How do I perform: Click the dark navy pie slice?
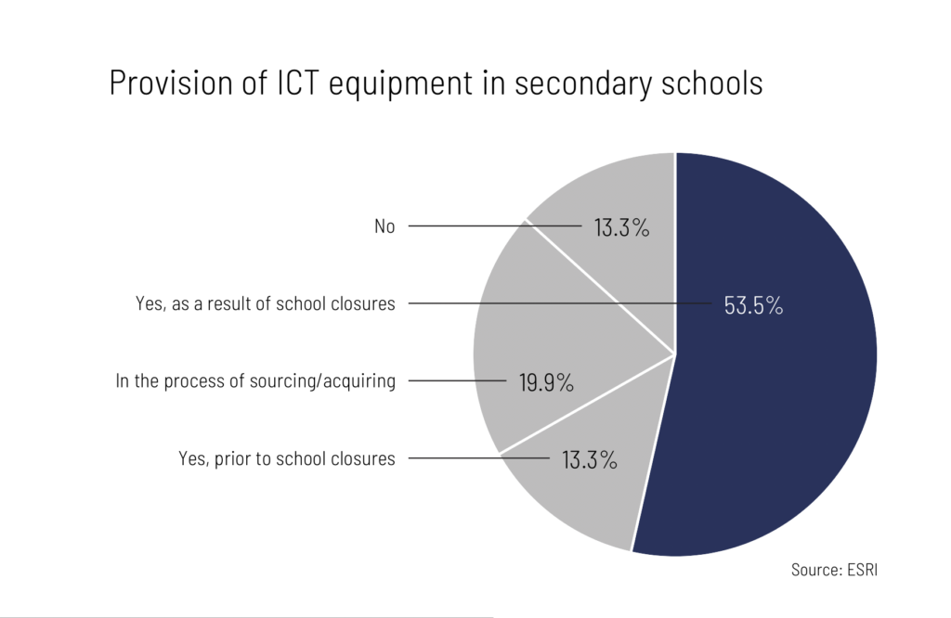(x=780, y=390)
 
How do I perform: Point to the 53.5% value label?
(x=753, y=305)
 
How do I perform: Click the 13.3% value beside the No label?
(x=621, y=227)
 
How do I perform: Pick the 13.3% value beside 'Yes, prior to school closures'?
(x=590, y=458)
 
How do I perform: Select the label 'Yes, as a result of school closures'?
(x=265, y=304)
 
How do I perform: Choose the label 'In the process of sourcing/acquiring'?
(x=255, y=381)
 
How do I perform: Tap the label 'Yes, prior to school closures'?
(x=286, y=458)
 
